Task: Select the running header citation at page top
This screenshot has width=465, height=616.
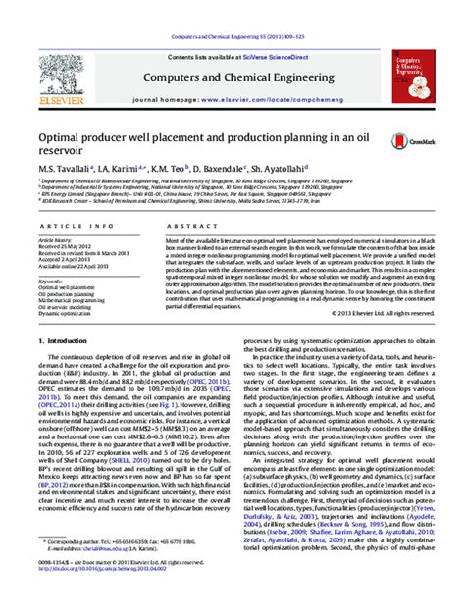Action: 232,9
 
